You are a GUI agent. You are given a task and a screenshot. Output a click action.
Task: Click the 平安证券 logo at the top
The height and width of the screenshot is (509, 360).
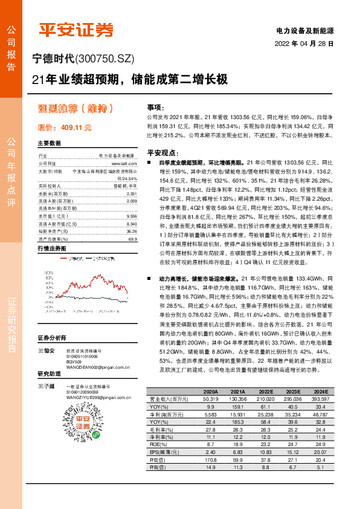[x=76, y=30]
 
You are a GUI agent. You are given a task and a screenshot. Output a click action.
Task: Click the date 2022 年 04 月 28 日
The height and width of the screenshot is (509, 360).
[x=304, y=44]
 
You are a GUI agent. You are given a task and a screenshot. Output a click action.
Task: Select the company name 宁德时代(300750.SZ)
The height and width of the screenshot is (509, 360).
[x=83, y=59]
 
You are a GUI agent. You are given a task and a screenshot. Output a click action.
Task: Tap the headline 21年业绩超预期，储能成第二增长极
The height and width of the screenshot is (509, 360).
[x=130, y=79]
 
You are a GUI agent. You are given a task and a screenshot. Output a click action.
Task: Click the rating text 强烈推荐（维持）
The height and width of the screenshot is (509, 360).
[x=76, y=109]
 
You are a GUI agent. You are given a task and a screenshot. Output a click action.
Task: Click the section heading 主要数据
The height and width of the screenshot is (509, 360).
[x=49, y=143]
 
